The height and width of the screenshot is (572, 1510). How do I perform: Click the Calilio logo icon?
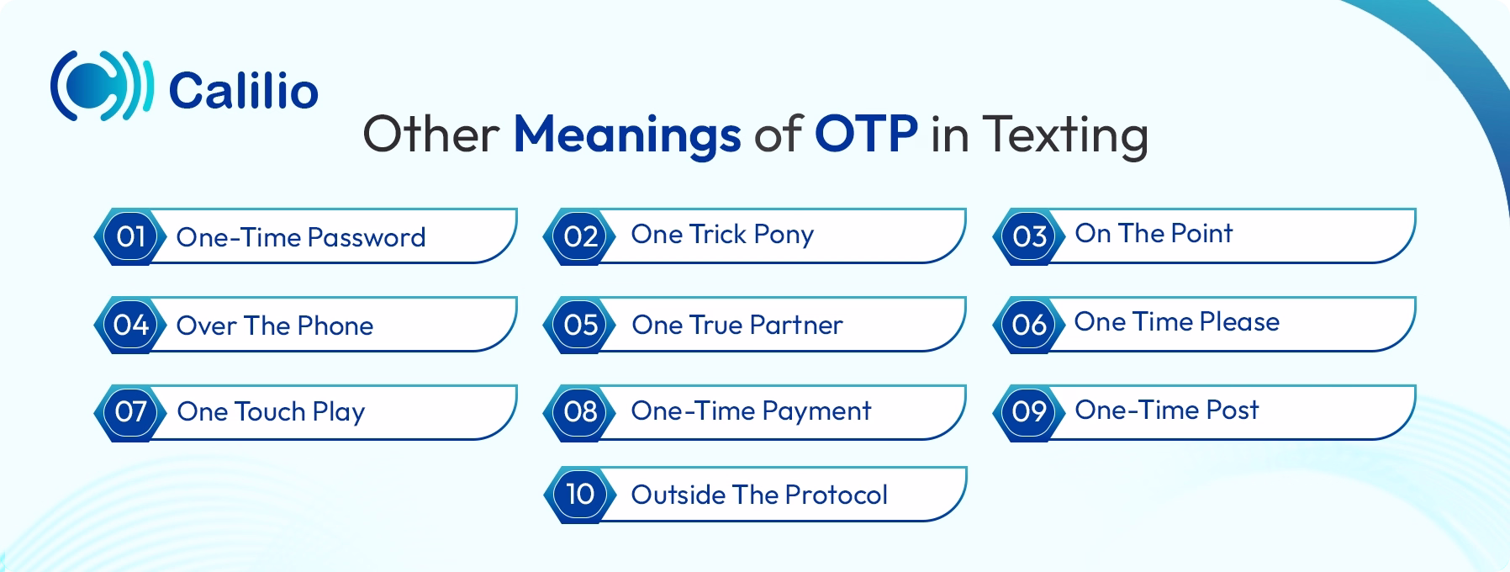coord(102,86)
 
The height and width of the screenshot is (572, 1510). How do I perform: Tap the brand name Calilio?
coord(243,90)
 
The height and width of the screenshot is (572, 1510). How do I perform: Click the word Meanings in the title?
coord(627,135)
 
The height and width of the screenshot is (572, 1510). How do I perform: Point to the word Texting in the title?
coord(1064,135)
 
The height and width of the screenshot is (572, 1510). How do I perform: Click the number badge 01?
coord(130,236)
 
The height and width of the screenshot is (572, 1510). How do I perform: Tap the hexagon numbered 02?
coord(580,236)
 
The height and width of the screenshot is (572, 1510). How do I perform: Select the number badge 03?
coord(1029,236)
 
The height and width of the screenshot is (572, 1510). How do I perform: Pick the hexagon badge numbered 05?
coord(580,325)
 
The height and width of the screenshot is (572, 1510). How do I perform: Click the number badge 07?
coord(130,412)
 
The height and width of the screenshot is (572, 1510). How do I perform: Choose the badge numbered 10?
coord(580,494)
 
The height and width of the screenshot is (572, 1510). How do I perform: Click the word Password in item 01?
coord(366,237)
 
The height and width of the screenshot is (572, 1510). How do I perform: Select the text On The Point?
coord(1154,233)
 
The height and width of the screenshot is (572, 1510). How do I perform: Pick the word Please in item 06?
coord(1239,321)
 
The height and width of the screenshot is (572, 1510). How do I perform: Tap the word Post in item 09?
coord(1232,410)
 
